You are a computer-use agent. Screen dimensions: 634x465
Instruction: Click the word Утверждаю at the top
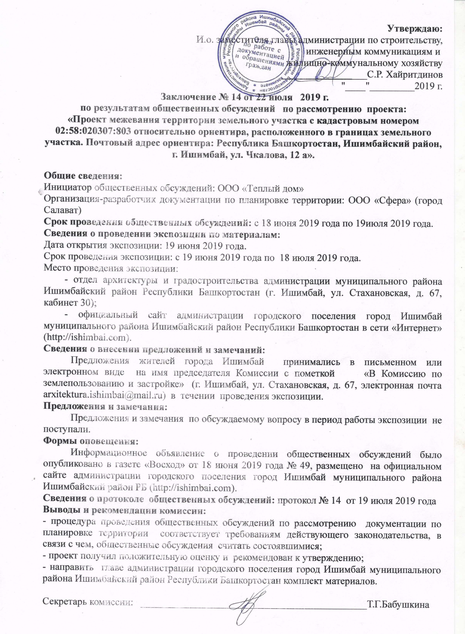pos(415,29)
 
